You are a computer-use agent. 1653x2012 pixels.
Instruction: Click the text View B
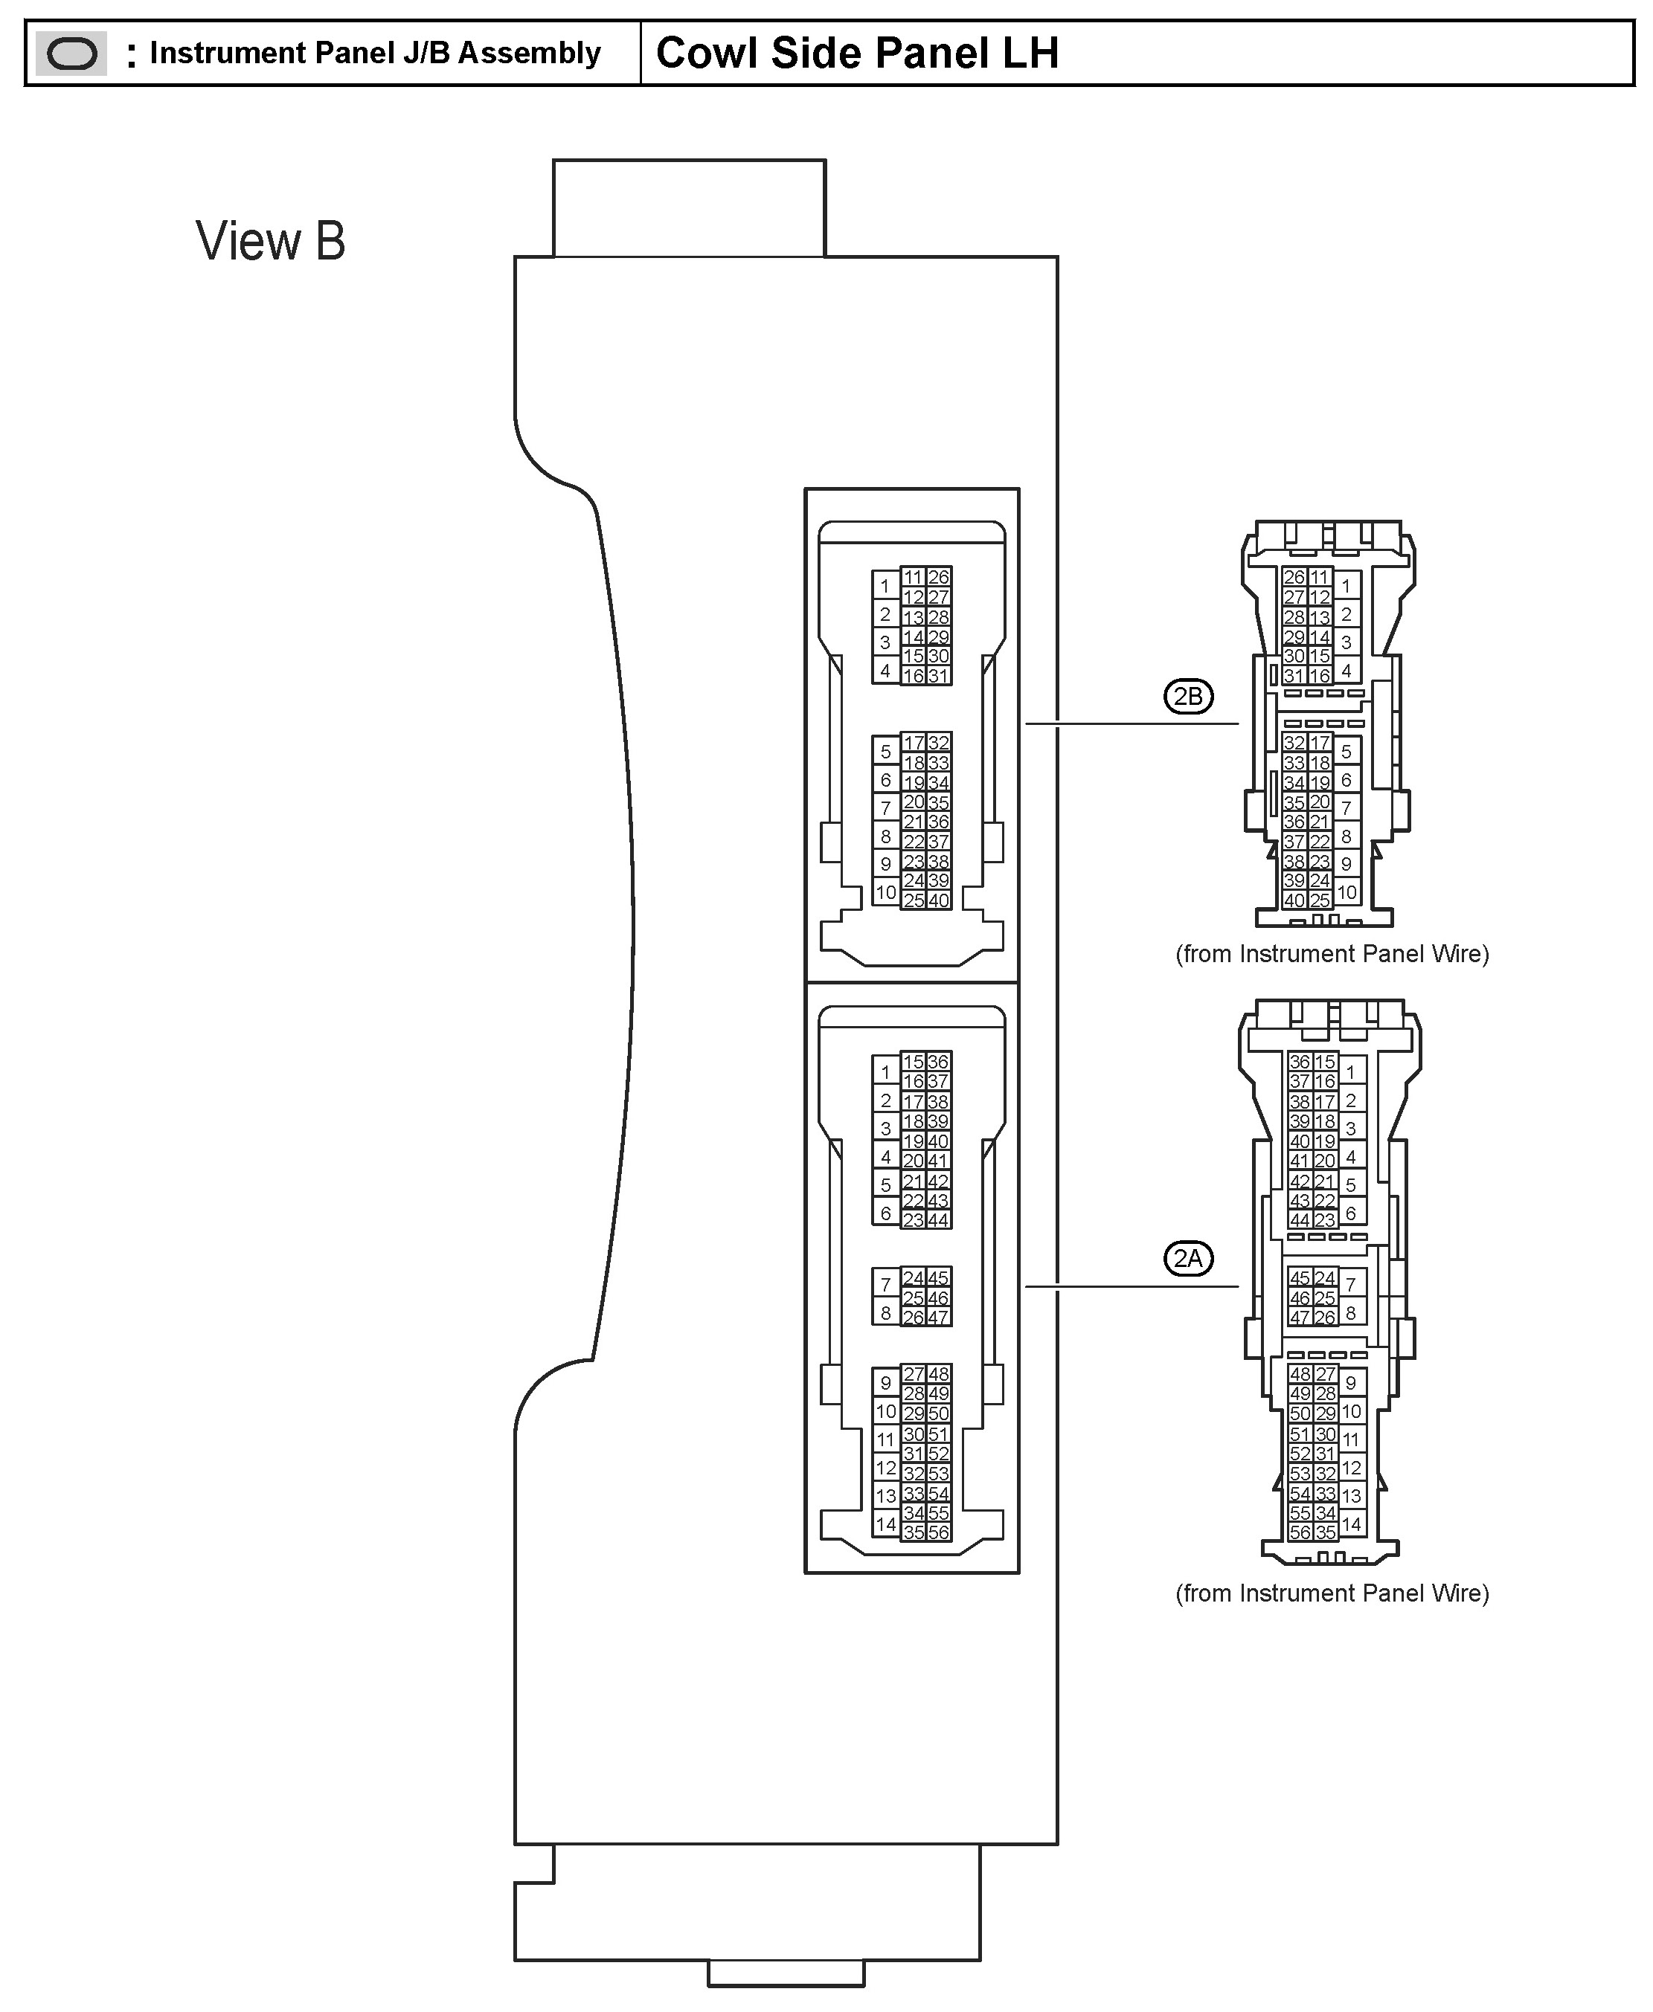click(x=271, y=241)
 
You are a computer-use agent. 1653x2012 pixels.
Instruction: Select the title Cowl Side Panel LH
click(x=857, y=54)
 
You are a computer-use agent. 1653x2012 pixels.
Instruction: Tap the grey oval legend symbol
click(x=71, y=54)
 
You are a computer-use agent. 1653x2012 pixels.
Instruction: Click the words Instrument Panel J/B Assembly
click(x=375, y=54)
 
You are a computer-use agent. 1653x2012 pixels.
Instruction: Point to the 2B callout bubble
click(x=1187, y=697)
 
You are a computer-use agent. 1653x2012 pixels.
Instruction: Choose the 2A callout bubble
click(x=1187, y=1258)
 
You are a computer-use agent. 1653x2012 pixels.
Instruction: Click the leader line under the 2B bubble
click(x=1132, y=724)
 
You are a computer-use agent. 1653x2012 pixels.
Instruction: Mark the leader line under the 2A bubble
click(x=1132, y=1287)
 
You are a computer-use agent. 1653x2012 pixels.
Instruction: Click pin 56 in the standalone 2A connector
click(x=1300, y=1532)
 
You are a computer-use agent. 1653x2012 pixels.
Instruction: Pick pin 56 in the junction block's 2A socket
click(x=939, y=1532)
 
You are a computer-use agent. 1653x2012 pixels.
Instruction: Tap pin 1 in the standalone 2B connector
click(x=1347, y=587)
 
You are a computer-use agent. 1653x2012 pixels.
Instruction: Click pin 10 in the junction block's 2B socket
click(x=885, y=893)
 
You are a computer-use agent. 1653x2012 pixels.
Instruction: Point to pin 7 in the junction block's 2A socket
click(x=885, y=1285)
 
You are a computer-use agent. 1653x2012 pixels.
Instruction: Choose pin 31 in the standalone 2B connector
click(x=1293, y=676)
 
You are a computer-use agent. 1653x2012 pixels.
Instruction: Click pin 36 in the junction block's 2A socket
click(x=939, y=1063)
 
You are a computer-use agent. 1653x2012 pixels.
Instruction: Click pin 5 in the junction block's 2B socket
click(x=885, y=752)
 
